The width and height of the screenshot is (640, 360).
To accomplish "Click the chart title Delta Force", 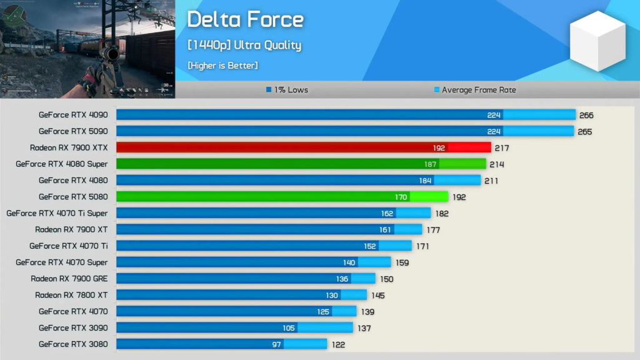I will (245, 19).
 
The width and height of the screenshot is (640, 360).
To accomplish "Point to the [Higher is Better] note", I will (222, 65).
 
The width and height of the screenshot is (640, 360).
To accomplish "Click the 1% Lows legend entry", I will (287, 90).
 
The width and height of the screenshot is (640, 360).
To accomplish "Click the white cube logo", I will (597, 41).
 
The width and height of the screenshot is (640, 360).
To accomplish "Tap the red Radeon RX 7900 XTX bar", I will (303, 147).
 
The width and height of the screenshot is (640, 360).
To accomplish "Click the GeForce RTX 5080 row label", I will (73, 197).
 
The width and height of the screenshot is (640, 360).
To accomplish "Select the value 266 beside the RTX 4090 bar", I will (586, 115).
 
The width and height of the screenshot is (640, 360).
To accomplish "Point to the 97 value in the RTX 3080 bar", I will (277, 344).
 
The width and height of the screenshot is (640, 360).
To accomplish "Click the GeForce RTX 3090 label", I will (73, 327).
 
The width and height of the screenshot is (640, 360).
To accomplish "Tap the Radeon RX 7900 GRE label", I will (69, 279).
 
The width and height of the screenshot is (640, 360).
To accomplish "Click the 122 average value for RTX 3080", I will (338, 344).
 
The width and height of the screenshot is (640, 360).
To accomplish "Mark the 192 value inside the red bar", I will (439, 148).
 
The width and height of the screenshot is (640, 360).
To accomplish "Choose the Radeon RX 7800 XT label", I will (71, 295).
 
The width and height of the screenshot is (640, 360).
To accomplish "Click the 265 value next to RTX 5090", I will (584, 132).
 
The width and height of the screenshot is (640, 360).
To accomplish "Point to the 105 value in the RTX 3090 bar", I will (288, 328).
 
